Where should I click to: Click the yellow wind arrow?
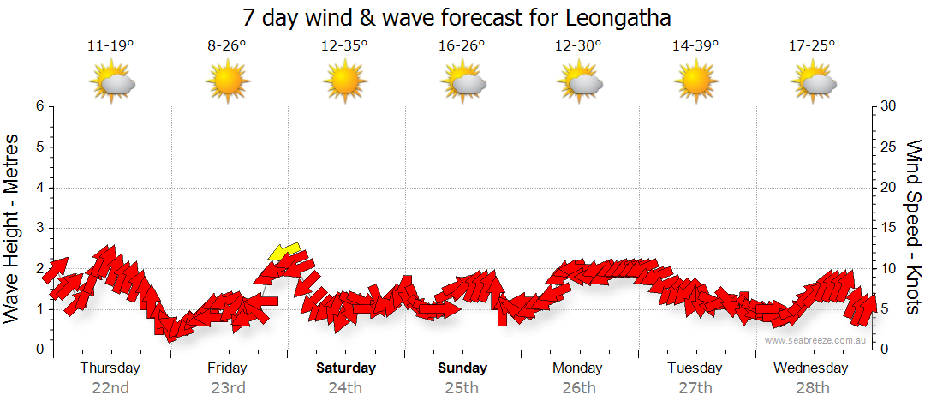tap(284, 251)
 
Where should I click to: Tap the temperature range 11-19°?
tap(110, 45)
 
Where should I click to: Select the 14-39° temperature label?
tap(695, 45)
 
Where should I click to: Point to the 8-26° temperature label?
tap(227, 45)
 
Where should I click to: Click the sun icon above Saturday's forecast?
tap(344, 82)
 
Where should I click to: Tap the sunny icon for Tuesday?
tap(695, 82)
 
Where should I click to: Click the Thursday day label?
tap(110, 368)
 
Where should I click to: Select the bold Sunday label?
tap(462, 368)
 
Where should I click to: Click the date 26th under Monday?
tap(579, 387)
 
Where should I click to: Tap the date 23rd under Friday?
tap(227, 387)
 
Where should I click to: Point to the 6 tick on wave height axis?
tap(39, 106)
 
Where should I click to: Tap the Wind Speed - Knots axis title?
tap(913, 228)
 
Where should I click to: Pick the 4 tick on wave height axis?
tap(39, 188)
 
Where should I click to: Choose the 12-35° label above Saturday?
tap(344, 45)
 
